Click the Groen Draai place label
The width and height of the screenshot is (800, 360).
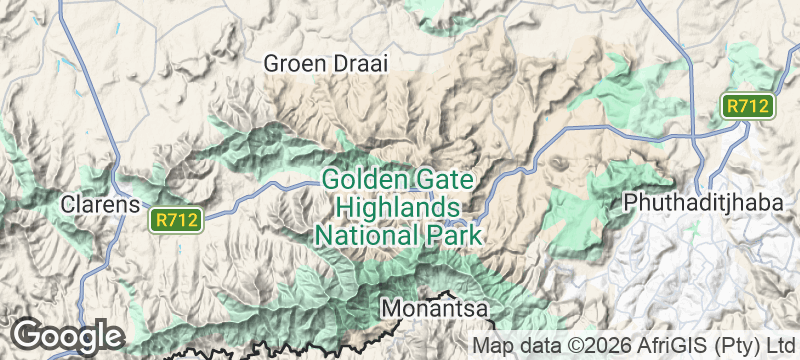324,63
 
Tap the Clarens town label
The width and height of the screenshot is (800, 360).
98,204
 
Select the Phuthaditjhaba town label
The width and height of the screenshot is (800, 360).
701,202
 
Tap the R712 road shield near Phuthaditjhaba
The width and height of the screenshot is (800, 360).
748,106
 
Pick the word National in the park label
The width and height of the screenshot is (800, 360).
362,236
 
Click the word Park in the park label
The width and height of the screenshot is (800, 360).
449,236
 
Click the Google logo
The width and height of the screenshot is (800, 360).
66,334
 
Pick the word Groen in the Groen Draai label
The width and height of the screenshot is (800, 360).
293,63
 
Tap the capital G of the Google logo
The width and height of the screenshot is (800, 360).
27,334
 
